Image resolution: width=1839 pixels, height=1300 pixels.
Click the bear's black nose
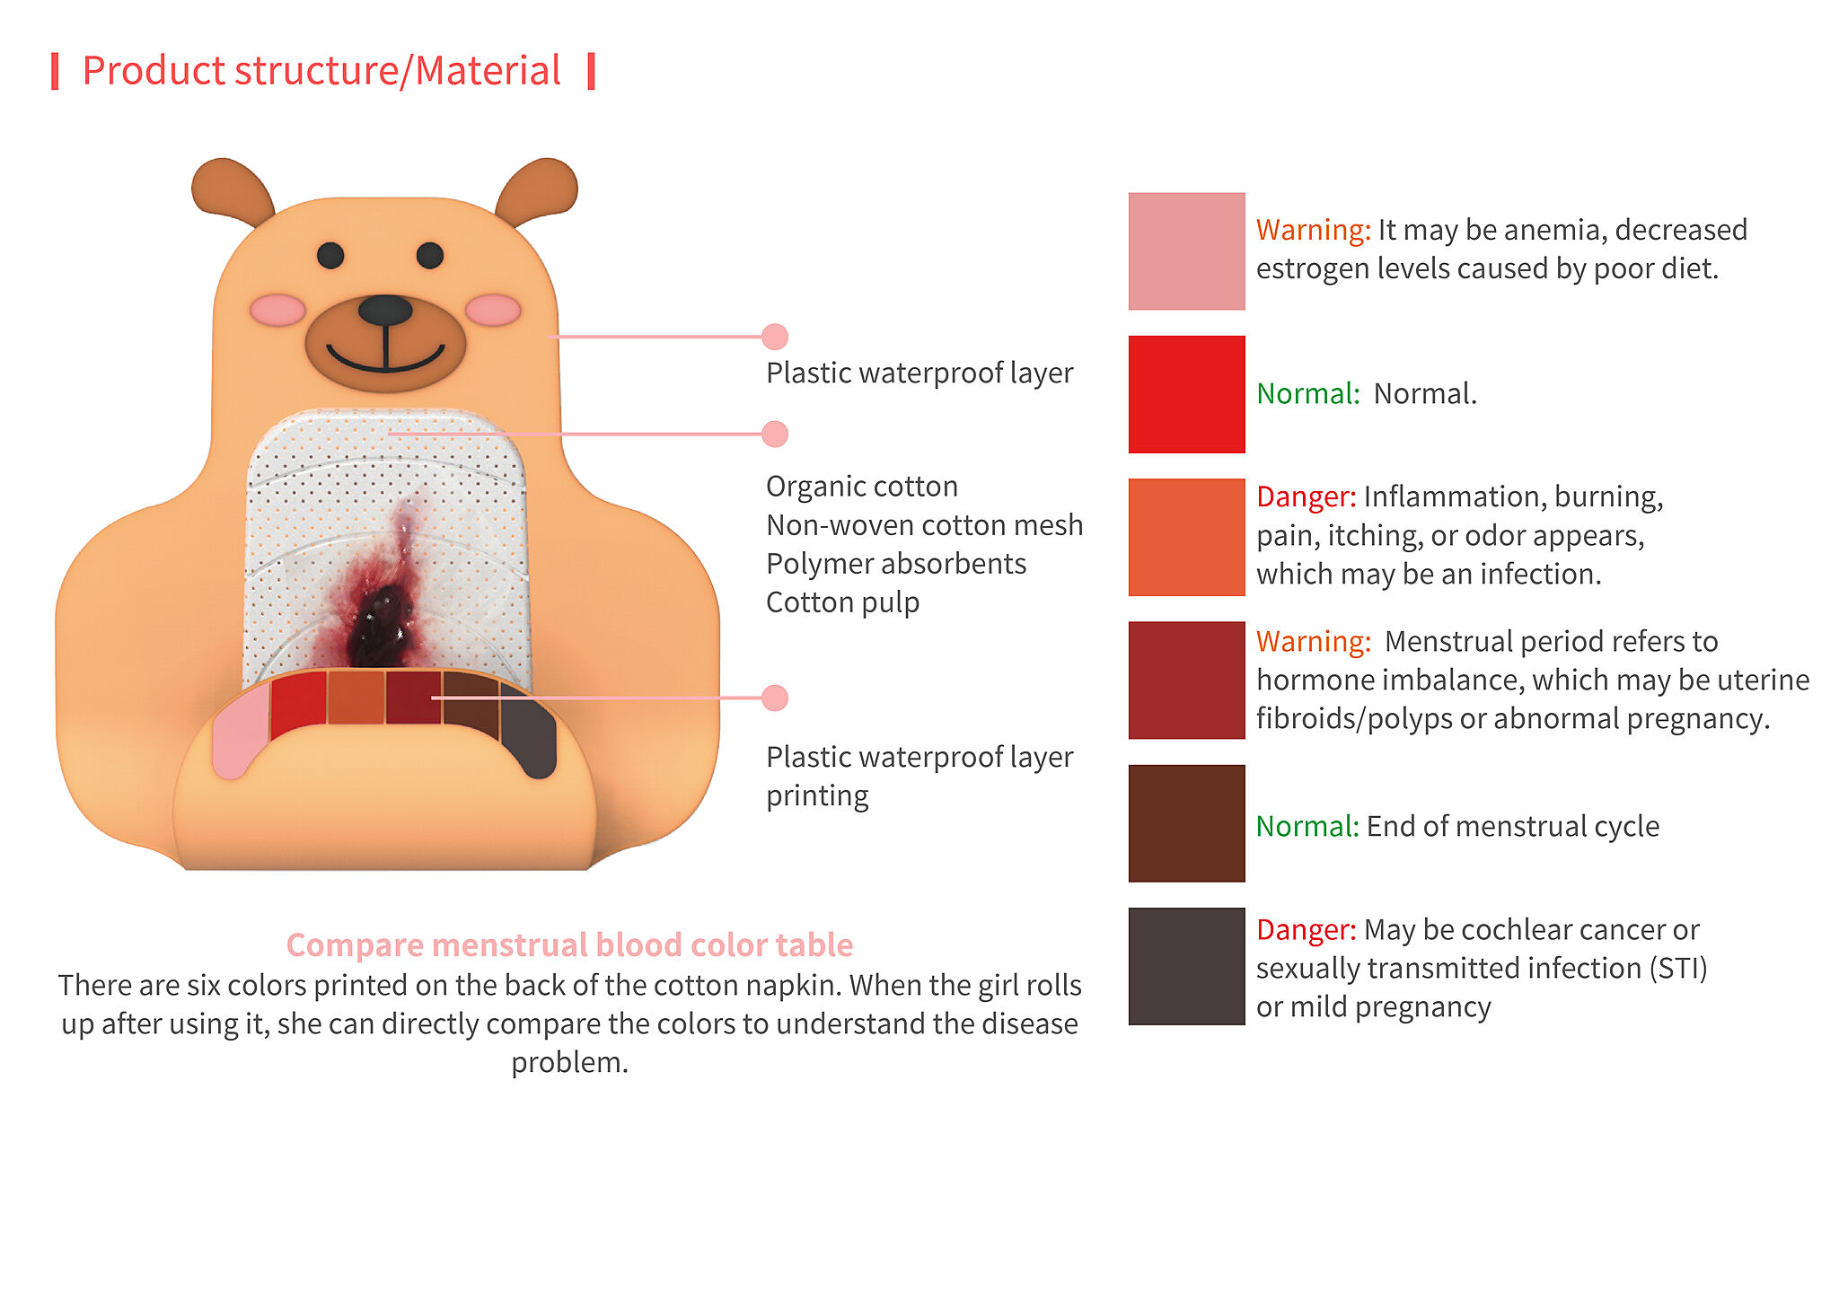click(385, 310)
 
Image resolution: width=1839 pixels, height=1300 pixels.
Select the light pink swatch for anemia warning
click(1186, 251)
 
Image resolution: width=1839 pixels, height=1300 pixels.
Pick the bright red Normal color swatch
click(1186, 394)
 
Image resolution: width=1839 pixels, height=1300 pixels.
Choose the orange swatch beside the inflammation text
click(1186, 537)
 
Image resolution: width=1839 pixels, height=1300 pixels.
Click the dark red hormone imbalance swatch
click(1186, 680)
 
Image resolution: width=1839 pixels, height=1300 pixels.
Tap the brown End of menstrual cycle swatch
click(1186, 823)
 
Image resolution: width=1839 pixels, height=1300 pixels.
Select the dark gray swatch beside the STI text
click(1186, 966)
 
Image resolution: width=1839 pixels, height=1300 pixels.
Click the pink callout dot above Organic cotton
click(775, 434)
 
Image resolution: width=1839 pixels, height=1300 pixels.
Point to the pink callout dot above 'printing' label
click(775, 698)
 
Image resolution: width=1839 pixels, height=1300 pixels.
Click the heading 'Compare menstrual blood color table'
click(569, 944)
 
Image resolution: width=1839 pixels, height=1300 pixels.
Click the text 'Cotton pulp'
click(842, 602)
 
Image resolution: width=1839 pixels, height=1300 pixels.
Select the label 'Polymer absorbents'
click(896, 564)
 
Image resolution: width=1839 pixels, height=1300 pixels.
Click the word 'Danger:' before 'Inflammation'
click(1307, 496)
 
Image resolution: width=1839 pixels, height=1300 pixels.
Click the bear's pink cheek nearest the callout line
click(493, 310)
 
